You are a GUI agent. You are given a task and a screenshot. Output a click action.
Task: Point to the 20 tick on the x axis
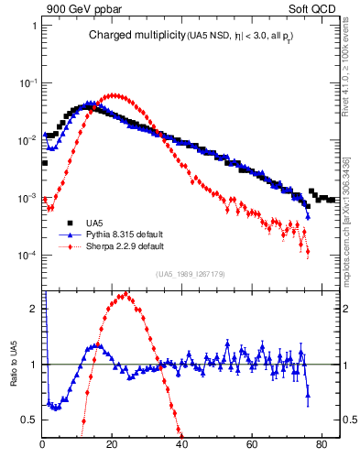click(113, 446)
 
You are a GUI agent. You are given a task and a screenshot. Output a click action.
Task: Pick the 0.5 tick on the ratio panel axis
click(31, 420)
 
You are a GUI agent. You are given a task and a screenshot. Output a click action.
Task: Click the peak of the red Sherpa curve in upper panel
click(113, 94)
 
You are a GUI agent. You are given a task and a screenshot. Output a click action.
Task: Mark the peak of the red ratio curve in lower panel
click(123, 294)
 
